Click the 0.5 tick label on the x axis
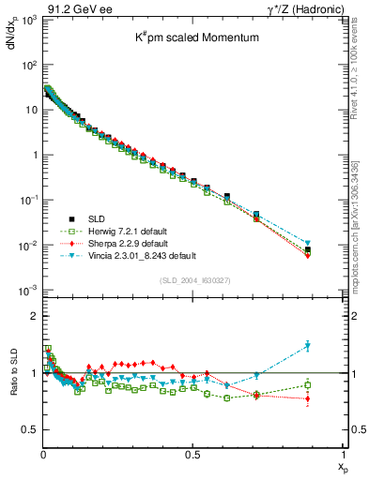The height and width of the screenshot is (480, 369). (192, 453)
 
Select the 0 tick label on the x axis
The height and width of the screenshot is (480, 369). (43, 453)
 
